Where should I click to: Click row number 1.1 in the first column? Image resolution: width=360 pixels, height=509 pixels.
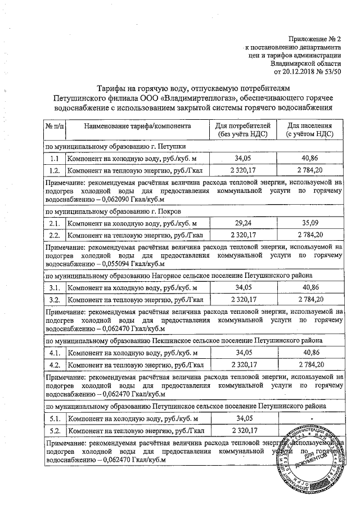click(x=55, y=160)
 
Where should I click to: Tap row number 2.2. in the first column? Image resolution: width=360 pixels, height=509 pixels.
click(x=55, y=235)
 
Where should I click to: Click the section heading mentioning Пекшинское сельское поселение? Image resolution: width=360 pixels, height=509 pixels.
click(x=184, y=341)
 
